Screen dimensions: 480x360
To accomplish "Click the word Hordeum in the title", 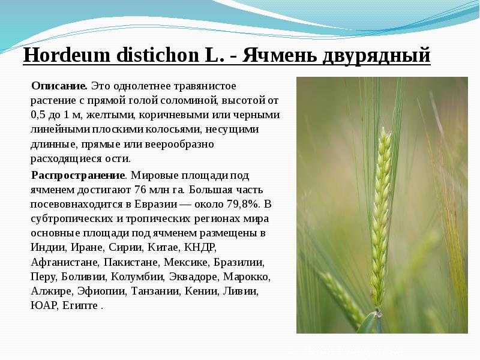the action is point(67,55).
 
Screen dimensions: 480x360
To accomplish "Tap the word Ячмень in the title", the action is point(280,55).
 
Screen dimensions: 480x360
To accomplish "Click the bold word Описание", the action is point(59,86).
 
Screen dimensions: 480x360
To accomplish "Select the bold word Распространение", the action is point(79,176).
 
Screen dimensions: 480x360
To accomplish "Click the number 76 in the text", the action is point(140,190).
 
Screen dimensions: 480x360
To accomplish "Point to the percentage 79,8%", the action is point(243,204).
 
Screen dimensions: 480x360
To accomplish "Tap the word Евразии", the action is point(156,205).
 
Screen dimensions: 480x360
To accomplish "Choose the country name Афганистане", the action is point(65,262).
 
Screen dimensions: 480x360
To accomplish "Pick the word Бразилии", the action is point(239,262).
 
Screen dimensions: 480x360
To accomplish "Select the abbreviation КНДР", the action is point(200,247).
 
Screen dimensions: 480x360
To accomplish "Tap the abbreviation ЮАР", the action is point(44,305).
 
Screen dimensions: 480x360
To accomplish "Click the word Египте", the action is point(80,305).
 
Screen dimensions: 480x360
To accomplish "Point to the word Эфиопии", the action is point(101,291).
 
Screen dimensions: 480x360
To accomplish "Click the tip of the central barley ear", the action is point(383,128).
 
